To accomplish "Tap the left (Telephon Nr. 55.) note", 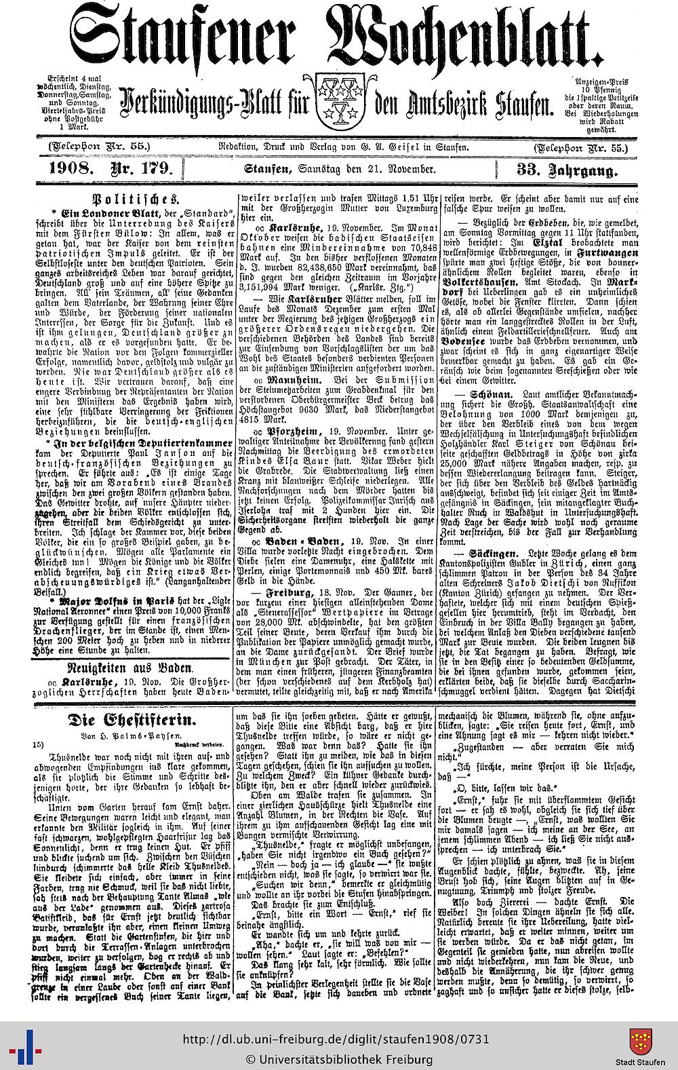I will [x=95, y=147].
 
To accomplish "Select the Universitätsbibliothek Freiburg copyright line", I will [x=338, y=1059].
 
